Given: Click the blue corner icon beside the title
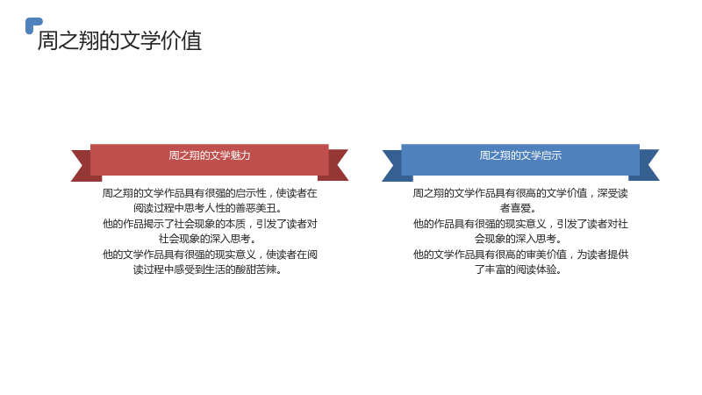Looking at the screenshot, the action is coord(32,25).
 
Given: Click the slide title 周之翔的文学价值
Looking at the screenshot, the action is coord(119,40).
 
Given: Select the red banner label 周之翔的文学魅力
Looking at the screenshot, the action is coord(210,155).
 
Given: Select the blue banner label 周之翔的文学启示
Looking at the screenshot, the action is coord(520,155).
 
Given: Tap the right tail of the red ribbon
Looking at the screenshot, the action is coord(336,165).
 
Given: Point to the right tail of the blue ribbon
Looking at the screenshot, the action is coord(647,165).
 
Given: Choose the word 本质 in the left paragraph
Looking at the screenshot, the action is coord(235,224).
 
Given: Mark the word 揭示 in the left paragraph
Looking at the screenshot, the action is coord(154,224).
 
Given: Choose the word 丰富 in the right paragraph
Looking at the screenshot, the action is coord(495,269).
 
